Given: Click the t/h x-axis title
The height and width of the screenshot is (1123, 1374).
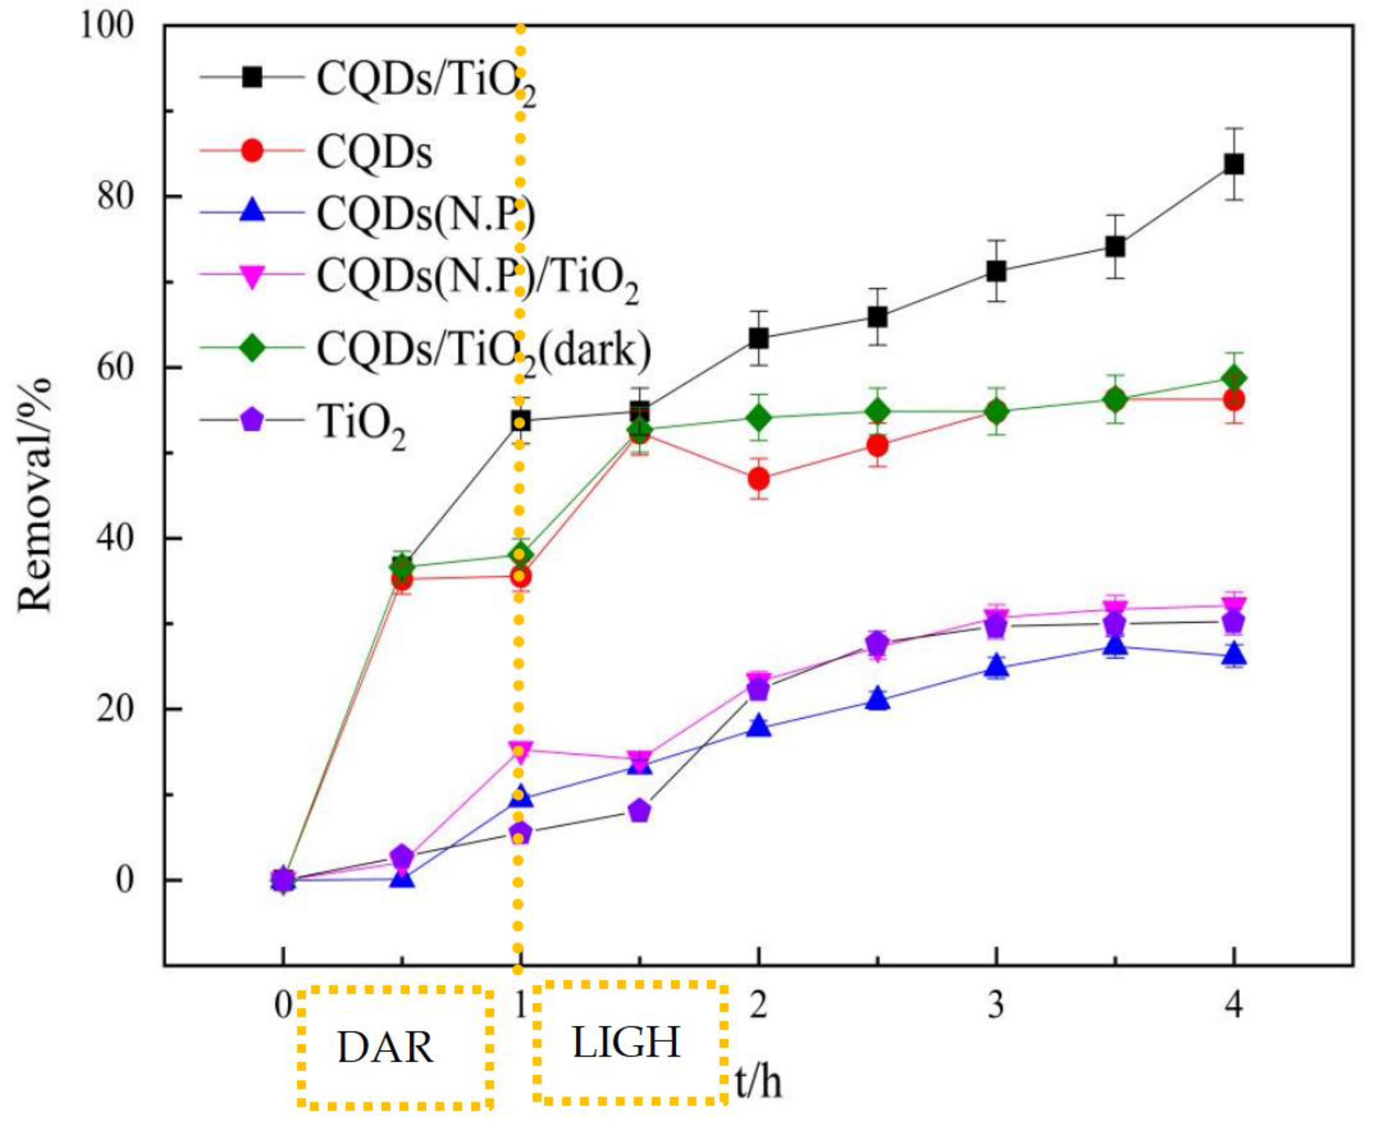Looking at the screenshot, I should (758, 1081).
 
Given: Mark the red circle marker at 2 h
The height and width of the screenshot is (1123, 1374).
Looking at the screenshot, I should (758, 479).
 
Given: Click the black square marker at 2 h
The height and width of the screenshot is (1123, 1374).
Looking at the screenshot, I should (758, 338).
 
